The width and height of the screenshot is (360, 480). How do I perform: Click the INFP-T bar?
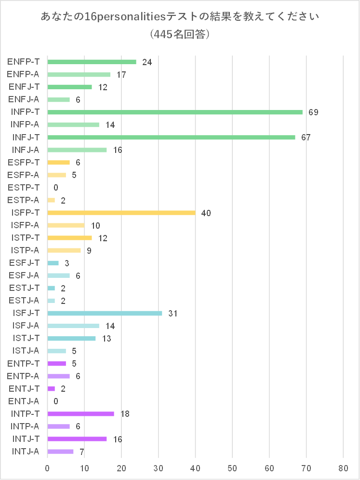[175, 112]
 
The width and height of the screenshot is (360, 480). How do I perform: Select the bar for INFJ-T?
[171, 137]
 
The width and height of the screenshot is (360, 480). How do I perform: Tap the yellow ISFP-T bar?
[121, 213]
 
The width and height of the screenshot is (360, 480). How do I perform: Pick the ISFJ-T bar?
[105, 313]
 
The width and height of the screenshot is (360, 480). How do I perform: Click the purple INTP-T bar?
[80, 413]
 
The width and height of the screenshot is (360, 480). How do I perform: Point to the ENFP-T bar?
[92, 62]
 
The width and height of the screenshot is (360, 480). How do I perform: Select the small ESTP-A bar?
[51, 200]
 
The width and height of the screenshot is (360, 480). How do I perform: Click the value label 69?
[313, 112]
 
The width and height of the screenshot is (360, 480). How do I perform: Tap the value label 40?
[206, 213]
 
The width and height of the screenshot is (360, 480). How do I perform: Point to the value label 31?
[173, 314]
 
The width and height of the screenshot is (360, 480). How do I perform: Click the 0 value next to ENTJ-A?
[56, 401]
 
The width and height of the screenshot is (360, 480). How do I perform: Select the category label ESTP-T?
[24, 187]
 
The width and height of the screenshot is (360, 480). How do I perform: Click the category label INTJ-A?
[24, 452]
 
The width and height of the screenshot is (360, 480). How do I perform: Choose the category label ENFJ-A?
[24, 99]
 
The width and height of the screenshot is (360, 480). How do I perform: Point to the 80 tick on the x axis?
[343, 467]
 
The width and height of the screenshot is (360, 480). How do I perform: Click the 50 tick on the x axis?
[232, 467]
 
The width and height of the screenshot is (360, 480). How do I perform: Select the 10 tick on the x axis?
[84, 467]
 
